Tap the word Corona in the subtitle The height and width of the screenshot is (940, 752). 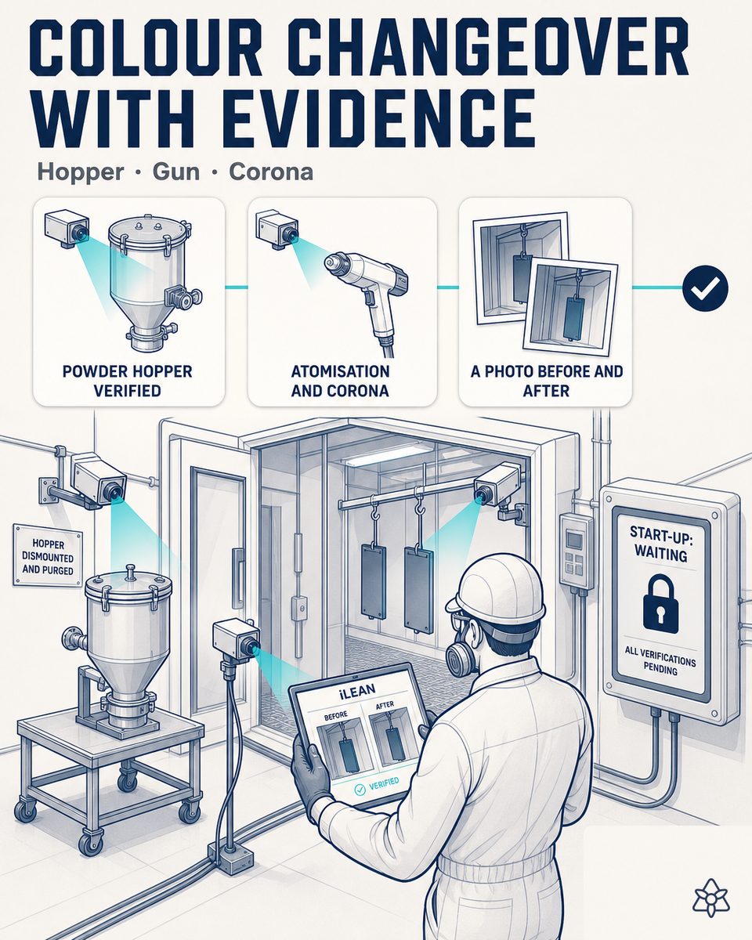(271, 172)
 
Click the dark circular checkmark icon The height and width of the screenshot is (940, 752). (705, 287)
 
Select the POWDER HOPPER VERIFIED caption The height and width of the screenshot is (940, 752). (127, 381)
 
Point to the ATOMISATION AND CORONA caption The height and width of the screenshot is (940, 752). (341, 381)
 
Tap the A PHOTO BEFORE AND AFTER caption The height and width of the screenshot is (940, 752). (546, 381)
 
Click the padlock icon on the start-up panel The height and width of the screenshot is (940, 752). (660, 604)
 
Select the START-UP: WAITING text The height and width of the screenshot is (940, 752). (660, 544)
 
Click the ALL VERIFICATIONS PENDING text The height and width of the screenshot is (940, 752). (660, 665)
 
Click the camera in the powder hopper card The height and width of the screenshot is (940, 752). (67, 230)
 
